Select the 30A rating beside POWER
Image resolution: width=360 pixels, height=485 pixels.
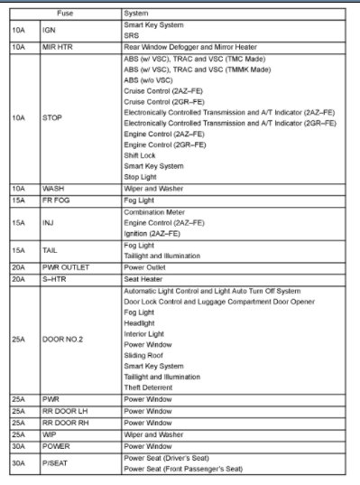point(19,445)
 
